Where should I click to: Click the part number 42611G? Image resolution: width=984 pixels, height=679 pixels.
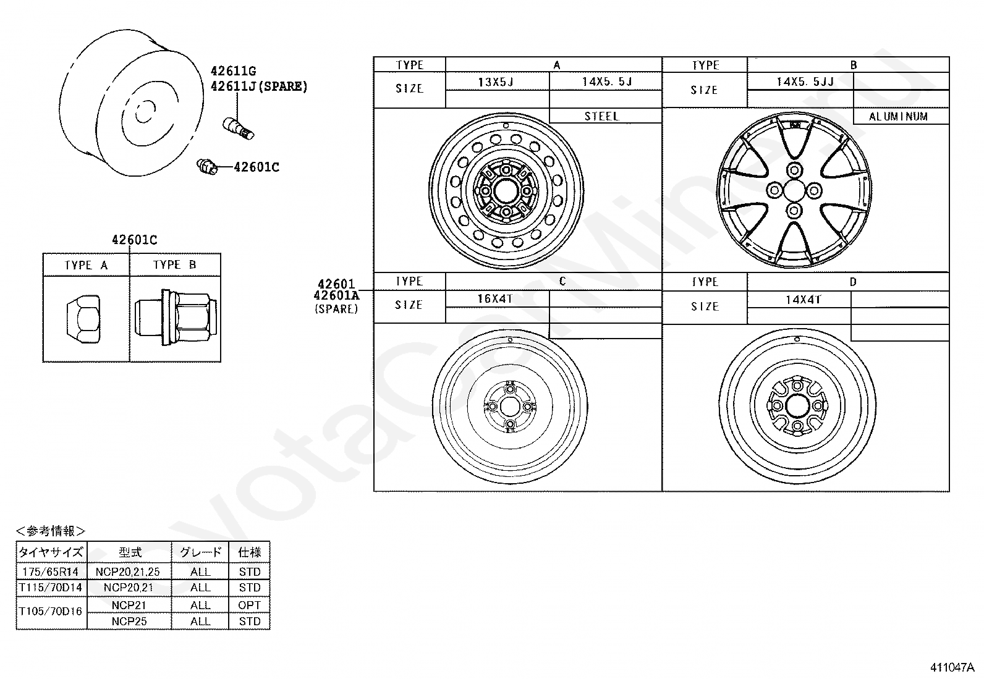[233, 70]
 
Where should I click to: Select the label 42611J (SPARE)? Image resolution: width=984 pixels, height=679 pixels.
[259, 86]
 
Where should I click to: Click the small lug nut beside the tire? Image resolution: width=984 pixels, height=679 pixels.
[207, 166]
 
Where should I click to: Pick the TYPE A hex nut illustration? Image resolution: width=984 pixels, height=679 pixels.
[83, 319]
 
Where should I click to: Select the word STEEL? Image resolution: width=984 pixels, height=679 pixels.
[601, 116]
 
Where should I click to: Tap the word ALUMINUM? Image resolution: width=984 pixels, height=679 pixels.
[898, 116]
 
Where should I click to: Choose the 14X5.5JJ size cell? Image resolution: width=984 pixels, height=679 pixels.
[805, 82]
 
